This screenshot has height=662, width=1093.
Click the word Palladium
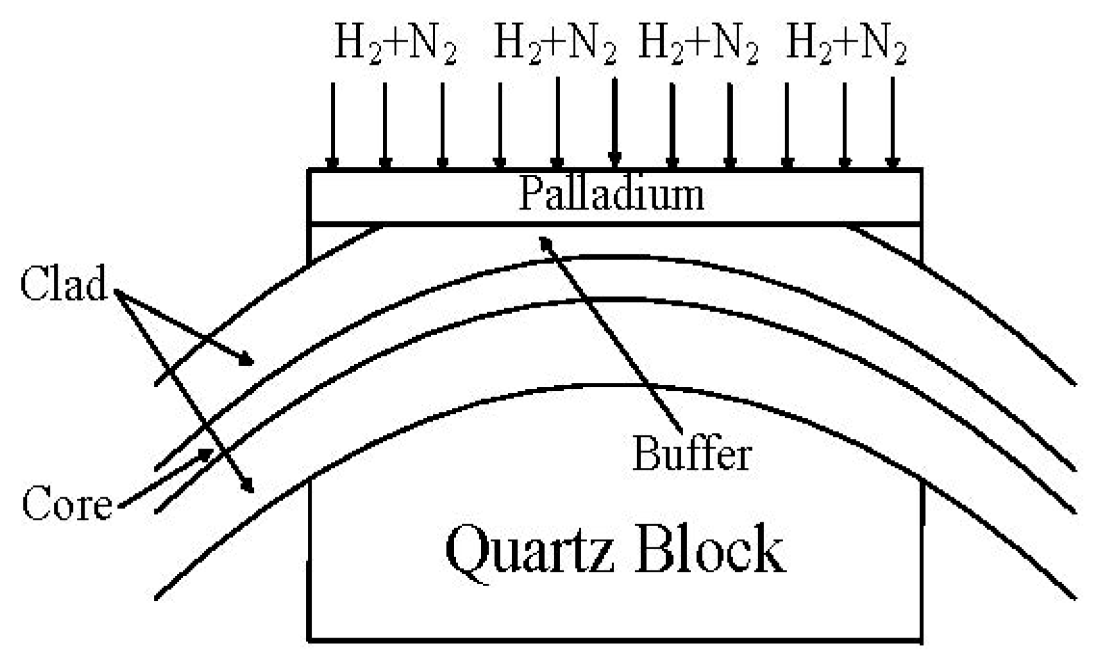[x=611, y=194]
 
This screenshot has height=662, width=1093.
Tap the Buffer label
[x=692, y=454]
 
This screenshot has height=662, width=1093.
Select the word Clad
[x=64, y=283]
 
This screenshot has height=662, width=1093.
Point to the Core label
[x=67, y=504]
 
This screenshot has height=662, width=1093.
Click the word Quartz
[x=530, y=550]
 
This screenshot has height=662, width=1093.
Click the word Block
[x=710, y=549]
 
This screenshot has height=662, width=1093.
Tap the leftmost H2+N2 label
[x=396, y=46]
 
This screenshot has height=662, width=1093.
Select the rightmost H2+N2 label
[x=846, y=46]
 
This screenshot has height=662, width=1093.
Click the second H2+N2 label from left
[x=555, y=46]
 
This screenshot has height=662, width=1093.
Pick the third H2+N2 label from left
[x=699, y=46]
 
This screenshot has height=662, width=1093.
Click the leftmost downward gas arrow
[x=332, y=125]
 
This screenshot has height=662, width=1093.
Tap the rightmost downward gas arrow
[x=892, y=125]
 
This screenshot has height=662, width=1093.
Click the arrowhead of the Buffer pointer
[x=545, y=242]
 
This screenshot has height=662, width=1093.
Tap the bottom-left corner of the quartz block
[x=310, y=639]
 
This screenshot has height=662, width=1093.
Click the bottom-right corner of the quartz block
[x=922, y=639]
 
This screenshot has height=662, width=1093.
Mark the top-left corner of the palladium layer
[x=310, y=170]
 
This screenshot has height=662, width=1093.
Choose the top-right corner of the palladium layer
[x=922, y=170]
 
